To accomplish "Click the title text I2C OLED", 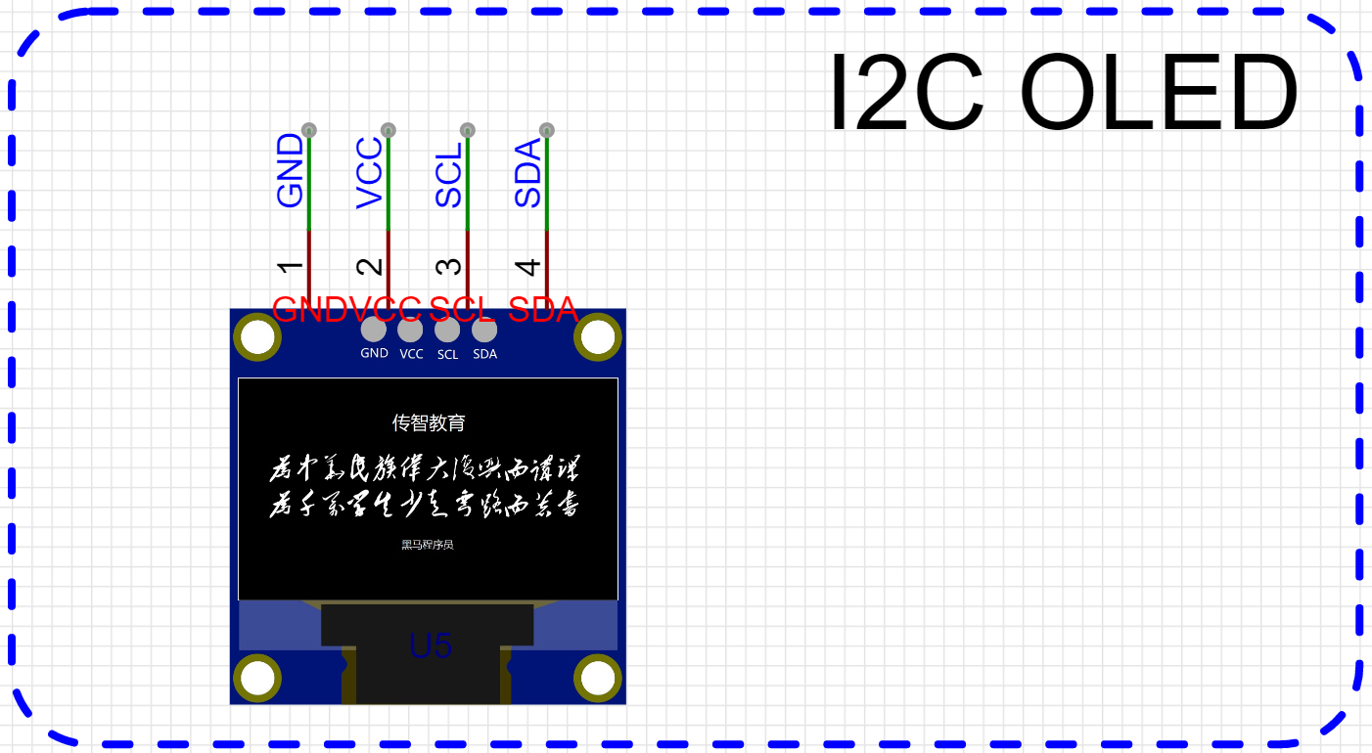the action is coord(1063,93).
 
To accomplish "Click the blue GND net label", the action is coord(291,171).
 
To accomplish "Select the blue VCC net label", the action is coord(370,173).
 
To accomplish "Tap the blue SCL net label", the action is coord(449,175).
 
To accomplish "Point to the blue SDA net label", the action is coord(528,173).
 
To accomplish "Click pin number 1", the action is coord(291,267).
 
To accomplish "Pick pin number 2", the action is coord(370,267).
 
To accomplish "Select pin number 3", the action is coord(449,267).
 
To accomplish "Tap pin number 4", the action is coord(528,267).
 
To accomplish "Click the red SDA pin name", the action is coord(542,310).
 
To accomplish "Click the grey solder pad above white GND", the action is coord(374,330).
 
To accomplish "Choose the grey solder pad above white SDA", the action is coord(484,330).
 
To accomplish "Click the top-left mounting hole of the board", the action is coord(258,337).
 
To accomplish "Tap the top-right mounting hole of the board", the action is coord(598,337).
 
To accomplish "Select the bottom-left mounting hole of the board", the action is coord(258,678).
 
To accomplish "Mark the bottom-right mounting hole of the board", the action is coord(598,678).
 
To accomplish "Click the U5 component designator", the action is coord(431,645).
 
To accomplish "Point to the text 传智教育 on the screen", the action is coord(429,422).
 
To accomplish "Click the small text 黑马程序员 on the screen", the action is coord(428,545).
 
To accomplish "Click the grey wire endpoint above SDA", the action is coord(547,130).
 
